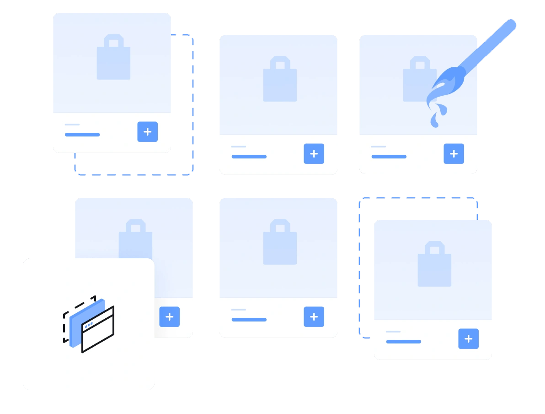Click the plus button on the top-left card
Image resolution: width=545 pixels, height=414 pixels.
[x=148, y=132]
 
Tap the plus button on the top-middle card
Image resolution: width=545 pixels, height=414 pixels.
[x=314, y=154]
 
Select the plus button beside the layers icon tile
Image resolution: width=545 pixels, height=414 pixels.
[x=170, y=317]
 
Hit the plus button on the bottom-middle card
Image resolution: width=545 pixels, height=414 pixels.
[x=314, y=317]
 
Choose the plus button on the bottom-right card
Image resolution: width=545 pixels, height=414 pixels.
[x=469, y=339]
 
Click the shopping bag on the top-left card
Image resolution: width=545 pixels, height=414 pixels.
[x=113, y=60]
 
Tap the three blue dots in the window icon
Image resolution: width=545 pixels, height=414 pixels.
[x=89, y=325]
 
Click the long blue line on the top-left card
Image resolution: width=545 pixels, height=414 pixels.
[x=82, y=135]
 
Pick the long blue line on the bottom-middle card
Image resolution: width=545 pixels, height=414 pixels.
[x=249, y=320]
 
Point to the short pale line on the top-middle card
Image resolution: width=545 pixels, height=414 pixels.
[x=239, y=147]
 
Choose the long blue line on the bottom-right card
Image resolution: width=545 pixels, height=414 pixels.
[x=403, y=342]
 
